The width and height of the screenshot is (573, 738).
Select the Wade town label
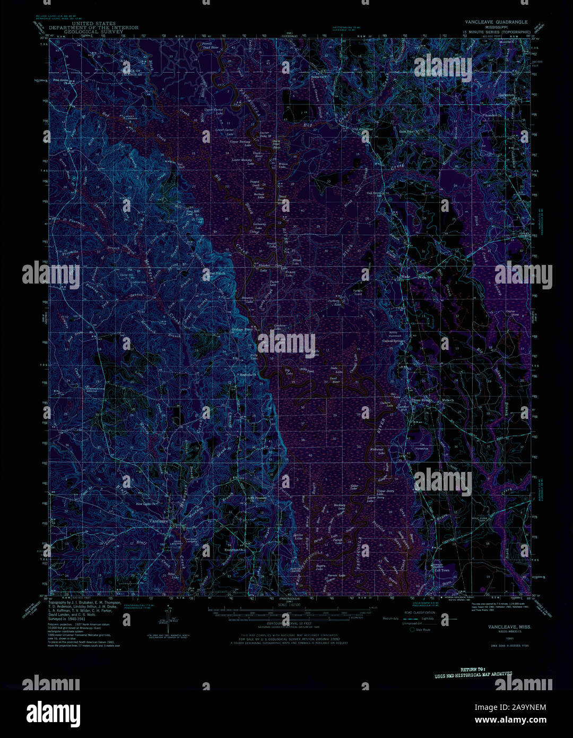pyautogui.click(x=405, y=277)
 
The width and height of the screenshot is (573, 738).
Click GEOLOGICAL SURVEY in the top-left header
pyautogui.click(x=93, y=32)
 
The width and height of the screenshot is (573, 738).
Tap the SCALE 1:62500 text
pyautogui.click(x=289, y=605)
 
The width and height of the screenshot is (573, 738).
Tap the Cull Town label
pyautogui.click(x=441, y=570)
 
